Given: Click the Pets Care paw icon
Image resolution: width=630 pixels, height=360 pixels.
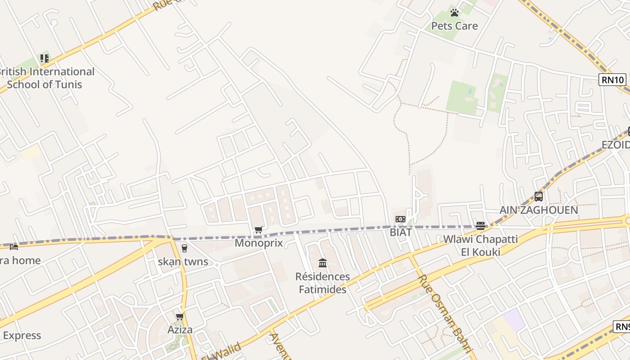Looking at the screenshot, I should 454,13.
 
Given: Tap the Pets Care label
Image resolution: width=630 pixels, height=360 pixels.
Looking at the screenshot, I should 454,26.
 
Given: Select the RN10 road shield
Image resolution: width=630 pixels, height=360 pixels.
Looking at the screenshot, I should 612,80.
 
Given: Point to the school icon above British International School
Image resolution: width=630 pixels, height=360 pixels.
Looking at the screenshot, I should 44,58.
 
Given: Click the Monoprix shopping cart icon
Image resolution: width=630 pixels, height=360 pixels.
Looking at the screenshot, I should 258,230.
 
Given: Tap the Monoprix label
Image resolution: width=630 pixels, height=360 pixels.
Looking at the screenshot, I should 259,243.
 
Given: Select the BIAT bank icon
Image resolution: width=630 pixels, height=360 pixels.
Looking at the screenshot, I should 400,219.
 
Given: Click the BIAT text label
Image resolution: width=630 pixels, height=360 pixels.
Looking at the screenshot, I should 400,232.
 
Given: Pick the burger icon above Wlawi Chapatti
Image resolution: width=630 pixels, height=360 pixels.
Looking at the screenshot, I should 480,226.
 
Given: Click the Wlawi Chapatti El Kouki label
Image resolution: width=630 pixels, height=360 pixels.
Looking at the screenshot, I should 480,245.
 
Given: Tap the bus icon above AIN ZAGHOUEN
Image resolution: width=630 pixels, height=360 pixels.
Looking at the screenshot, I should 538,197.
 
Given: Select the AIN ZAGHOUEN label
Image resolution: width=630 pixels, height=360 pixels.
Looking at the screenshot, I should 538,210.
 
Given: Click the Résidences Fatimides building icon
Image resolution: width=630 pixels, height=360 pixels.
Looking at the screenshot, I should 323,263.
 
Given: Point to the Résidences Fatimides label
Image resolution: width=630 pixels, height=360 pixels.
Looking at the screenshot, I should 323,283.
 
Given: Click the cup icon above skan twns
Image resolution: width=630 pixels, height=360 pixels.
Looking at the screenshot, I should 184,248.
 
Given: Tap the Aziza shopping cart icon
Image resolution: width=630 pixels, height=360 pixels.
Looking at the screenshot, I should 180,317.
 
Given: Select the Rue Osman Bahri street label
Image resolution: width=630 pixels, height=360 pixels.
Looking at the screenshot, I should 445,314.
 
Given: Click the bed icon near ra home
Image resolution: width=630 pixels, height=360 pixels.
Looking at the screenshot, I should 14,247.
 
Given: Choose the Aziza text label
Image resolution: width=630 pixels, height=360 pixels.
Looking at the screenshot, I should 180,329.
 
